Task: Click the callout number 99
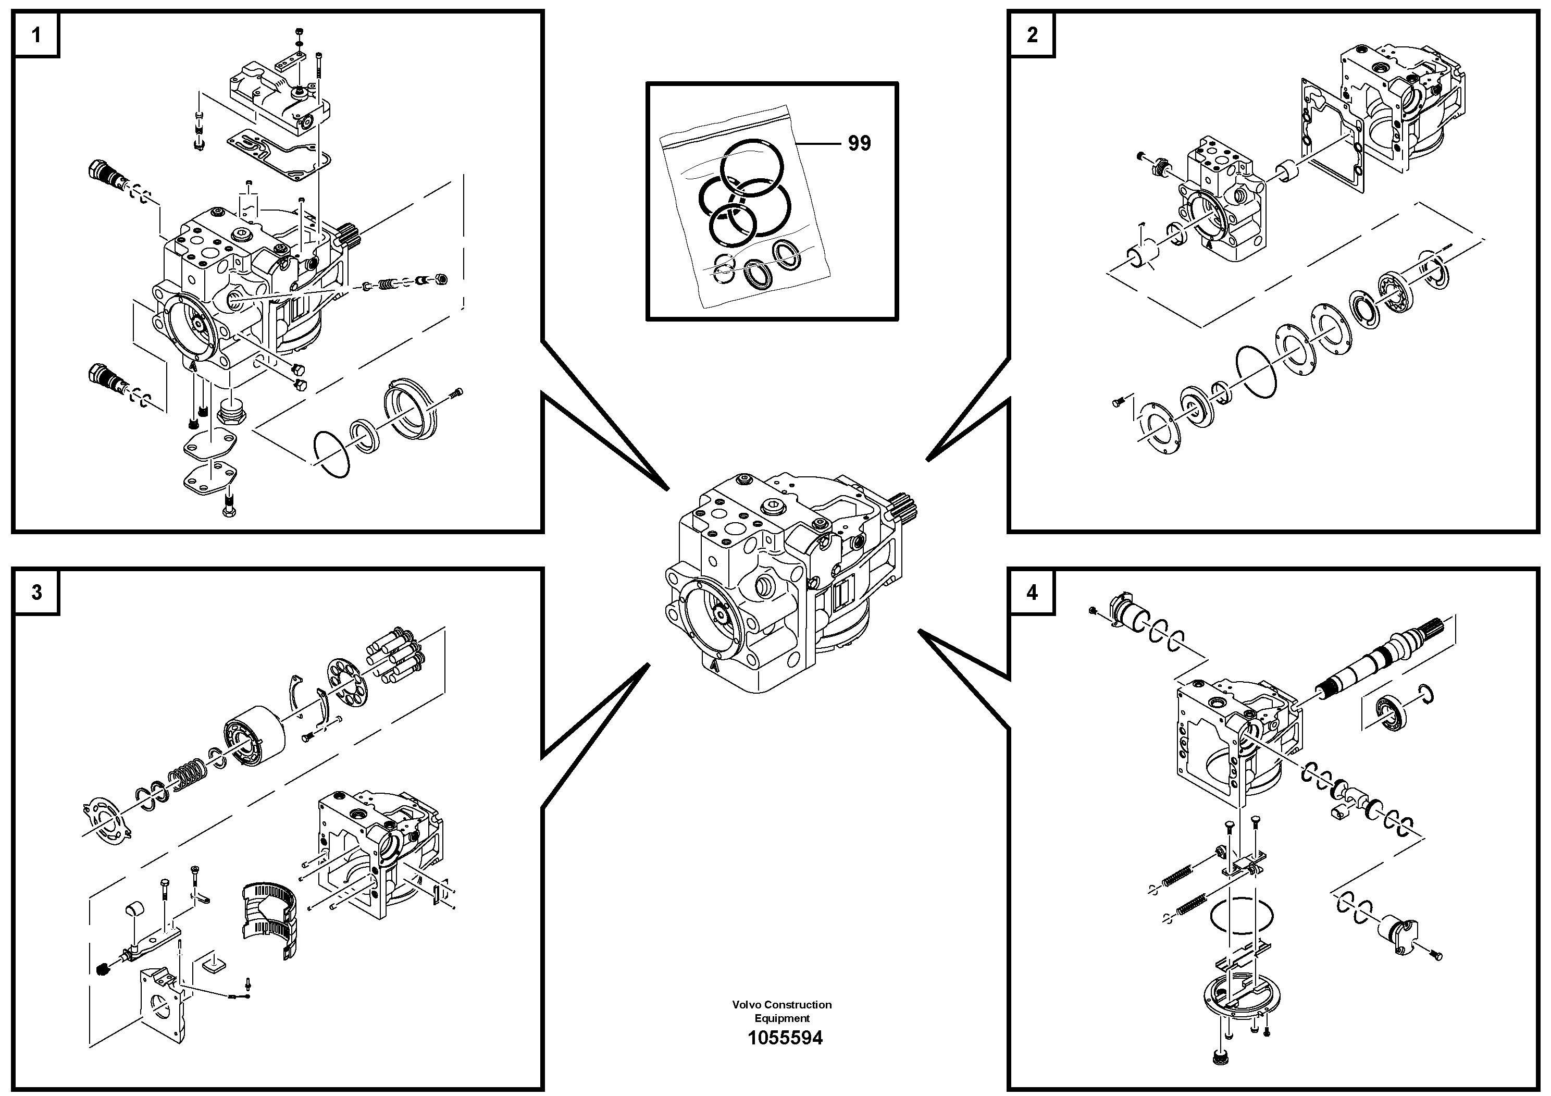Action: click(x=859, y=143)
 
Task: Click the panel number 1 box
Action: click(x=36, y=34)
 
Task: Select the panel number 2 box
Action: click(x=1032, y=34)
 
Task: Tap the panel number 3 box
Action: click(x=36, y=593)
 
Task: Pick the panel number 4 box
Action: click(x=1032, y=593)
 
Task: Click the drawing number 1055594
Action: click(x=784, y=1038)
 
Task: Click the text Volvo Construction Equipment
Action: click(x=781, y=1011)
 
